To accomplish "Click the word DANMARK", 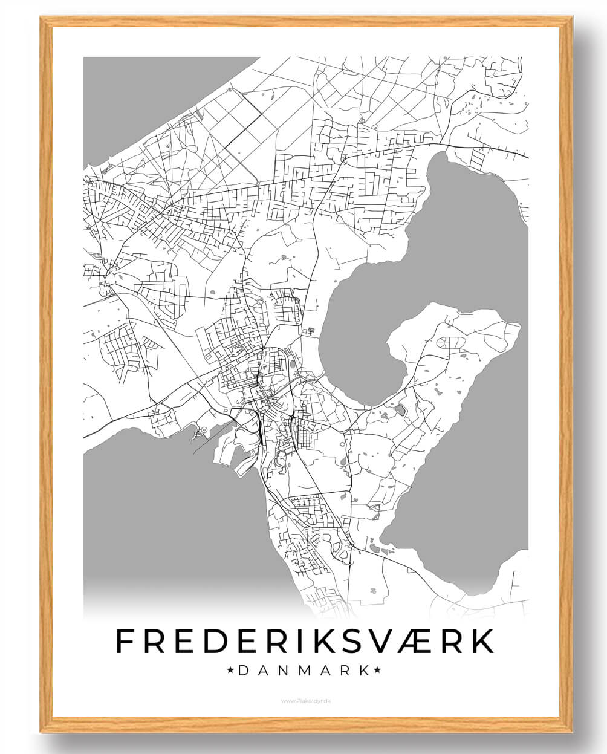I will click(303, 670).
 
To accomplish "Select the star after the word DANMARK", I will click(377, 670).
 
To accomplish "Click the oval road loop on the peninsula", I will click(450, 342).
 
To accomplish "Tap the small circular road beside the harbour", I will click(204, 430).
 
